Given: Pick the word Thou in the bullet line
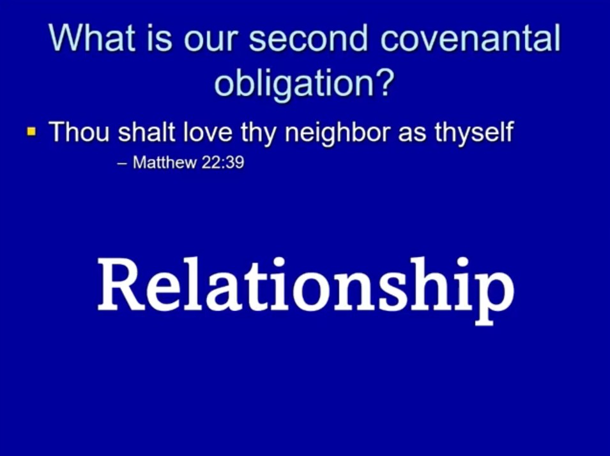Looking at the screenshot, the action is (79, 132).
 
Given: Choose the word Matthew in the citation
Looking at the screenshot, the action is (165, 162).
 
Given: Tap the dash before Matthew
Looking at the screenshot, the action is (122, 164).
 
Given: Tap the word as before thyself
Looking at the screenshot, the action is (412, 134).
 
